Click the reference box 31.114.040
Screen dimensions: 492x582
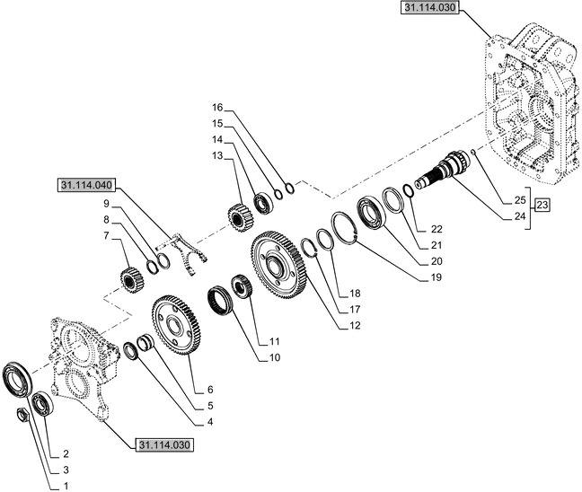tap(87, 186)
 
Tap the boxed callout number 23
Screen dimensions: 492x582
tap(542, 206)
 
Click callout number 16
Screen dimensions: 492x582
tap(217, 107)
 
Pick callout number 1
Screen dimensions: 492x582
tap(65, 486)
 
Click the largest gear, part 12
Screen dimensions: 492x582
tap(278, 264)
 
